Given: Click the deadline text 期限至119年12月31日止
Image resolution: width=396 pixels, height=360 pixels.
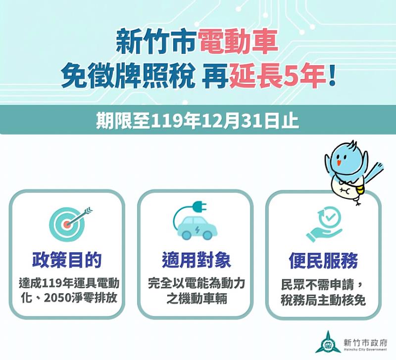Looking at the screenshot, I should pos(198,121).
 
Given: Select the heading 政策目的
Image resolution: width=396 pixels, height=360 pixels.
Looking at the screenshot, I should pos(67,260).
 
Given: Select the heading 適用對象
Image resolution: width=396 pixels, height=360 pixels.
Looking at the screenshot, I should pos(196,260).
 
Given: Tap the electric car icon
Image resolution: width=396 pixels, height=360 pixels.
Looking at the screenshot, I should pos(196,228).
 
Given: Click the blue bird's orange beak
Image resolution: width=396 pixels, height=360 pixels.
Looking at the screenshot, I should pos(339,162).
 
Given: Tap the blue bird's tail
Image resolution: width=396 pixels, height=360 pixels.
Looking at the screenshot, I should pos(376,170).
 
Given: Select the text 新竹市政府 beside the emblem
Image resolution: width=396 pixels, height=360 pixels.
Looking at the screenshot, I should pos(364,340).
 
